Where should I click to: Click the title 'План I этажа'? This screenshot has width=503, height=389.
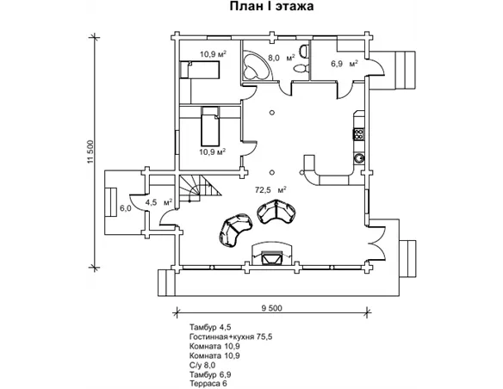(271, 6)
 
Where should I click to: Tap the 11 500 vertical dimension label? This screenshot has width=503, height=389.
(90, 151)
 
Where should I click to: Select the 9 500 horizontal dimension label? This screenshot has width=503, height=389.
(271, 308)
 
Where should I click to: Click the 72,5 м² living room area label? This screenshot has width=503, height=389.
(270, 189)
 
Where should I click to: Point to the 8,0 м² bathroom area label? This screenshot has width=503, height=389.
(281, 58)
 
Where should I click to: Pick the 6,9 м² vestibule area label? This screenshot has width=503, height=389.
(345, 64)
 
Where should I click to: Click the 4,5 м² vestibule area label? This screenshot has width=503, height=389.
(158, 202)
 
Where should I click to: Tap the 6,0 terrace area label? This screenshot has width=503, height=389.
(126, 208)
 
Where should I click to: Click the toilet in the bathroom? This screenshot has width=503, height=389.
(301, 68)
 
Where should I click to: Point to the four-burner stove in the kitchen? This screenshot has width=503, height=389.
(358, 133)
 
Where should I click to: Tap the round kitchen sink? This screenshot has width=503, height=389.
(358, 157)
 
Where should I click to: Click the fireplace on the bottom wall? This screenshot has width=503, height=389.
(272, 254)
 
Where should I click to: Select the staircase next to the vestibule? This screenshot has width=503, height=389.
(200, 189)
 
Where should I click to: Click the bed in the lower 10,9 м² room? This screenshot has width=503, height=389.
(210, 127)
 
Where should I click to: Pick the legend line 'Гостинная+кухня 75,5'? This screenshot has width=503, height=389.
(231, 337)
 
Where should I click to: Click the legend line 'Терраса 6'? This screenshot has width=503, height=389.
(208, 384)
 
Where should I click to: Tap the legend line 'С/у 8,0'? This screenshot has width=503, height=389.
(202, 365)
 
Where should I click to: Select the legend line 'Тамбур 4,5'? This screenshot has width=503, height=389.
(210, 328)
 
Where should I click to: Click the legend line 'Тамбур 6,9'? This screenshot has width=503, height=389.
(210, 374)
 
